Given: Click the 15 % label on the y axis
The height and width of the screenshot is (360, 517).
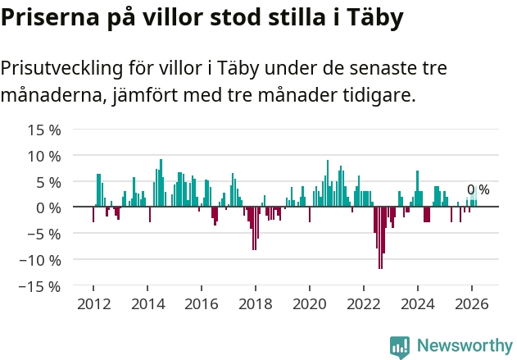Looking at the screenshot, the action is tap(44, 130).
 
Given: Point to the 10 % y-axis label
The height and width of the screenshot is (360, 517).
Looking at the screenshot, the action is tap(44, 156).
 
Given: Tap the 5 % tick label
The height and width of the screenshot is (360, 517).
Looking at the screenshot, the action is tap(48, 182).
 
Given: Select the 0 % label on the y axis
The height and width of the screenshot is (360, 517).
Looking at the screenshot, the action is tap(48, 208).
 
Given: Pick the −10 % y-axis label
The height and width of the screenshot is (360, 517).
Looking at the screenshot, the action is tap(40, 260).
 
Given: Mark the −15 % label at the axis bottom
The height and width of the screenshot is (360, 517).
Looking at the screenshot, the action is tap(40, 286).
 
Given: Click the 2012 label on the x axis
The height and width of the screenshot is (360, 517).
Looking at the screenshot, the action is tap(94, 304).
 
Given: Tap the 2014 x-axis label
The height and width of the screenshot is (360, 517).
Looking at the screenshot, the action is tap(148, 304).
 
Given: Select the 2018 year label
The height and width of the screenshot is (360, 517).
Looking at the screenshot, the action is tap(256, 304).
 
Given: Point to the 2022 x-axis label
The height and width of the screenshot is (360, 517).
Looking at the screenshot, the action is tap(364, 304).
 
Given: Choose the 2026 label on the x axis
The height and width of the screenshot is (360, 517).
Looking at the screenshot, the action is tap(472, 304).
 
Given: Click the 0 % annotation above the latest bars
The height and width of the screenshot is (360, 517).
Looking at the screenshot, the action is tap(478, 189).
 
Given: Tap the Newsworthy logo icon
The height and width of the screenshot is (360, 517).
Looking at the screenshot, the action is tap(400, 347).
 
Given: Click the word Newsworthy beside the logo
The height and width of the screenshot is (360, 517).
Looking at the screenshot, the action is tap(465, 345).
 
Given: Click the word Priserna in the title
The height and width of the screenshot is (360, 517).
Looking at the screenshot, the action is tap(50, 17).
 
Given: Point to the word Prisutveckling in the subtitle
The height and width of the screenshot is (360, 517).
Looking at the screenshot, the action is tap(61, 68).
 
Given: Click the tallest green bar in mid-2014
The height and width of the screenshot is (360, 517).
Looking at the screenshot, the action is tap(161, 183).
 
